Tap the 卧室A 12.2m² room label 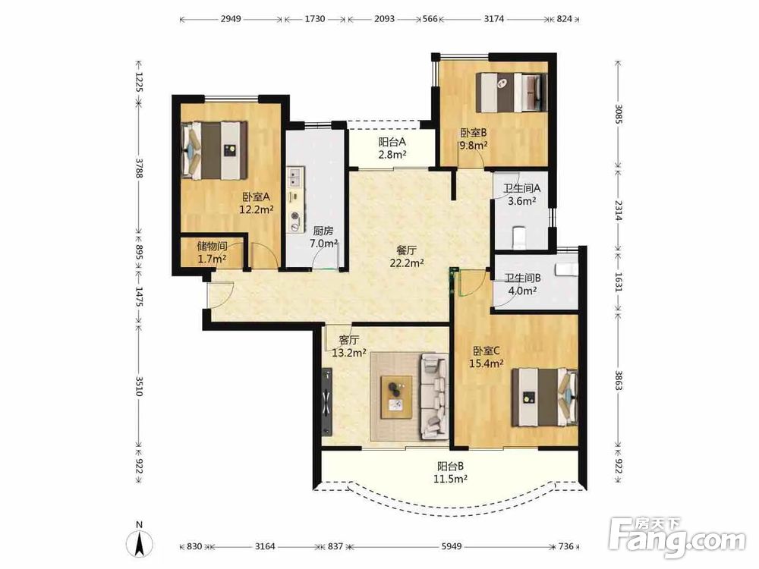257,203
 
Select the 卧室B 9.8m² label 474,139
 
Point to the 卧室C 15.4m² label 487,357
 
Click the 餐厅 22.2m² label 407,256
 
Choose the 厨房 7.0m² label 323,237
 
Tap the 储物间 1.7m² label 212,253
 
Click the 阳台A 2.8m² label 392,149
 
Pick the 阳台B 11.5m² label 450,473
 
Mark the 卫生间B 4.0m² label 522,284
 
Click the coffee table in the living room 396,397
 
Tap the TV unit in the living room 327,401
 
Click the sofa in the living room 434,396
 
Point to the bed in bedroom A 214,150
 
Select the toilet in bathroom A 518,237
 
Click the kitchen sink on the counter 294,178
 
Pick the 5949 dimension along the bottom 451,546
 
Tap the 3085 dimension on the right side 618,114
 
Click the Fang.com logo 677,538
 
